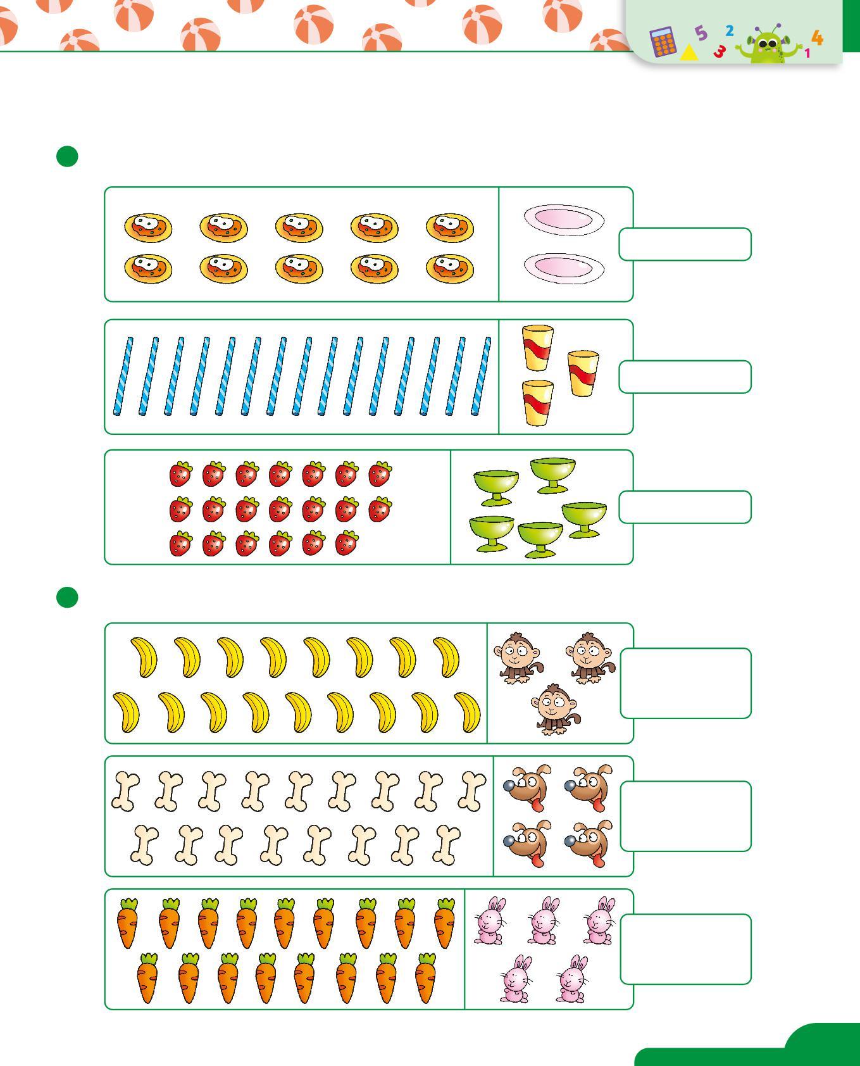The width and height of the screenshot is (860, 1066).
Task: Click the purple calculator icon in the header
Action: [x=663, y=42]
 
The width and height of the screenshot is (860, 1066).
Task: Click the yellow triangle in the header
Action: [x=689, y=53]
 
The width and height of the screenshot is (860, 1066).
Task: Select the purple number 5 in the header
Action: [x=701, y=33]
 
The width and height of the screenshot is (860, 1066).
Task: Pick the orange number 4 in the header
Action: [x=818, y=38]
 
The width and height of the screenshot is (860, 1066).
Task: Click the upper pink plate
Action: [x=563, y=219]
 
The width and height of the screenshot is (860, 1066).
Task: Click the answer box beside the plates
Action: [x=685, y=244]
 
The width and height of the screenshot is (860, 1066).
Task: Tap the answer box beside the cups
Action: [x=685, y=377]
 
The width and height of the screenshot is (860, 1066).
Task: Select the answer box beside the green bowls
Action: [x=685, y=507]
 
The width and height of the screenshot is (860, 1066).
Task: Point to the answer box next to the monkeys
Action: [x=685, y=683]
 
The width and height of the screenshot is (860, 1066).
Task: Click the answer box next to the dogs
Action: [x=685, y=816]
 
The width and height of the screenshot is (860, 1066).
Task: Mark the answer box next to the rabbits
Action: [x=685, y=949]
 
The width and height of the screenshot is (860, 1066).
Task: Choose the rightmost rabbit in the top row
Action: [x=599, y=920]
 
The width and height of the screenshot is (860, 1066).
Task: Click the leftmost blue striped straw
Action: [x=123, y=376]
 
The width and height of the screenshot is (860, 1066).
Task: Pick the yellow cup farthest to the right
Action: [x=583, y=373]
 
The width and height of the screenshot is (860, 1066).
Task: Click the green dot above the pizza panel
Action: [x=67, y=156]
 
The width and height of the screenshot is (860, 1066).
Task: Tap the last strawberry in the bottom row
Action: [x=346, y=543]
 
